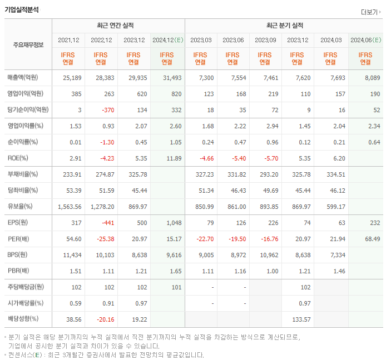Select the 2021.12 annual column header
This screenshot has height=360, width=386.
coord(68,40)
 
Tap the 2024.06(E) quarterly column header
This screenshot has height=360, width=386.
coord(365,40)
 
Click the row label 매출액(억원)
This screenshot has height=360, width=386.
coord(25,78)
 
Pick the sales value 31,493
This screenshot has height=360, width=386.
coord(171,78)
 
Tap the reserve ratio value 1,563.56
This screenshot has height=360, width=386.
coord(70,207)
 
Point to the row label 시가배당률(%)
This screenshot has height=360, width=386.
coord(26,303)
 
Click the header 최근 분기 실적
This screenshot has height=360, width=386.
coord(284,26)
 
